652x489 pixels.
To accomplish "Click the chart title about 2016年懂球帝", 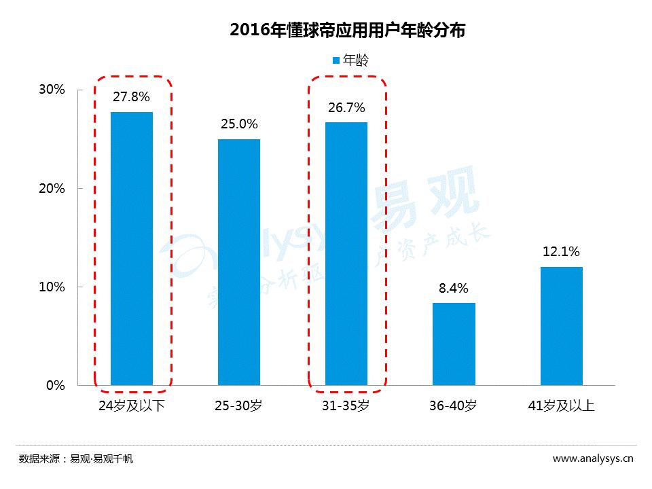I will [x=347, y=30].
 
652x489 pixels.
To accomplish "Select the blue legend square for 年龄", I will [x=336, y=60].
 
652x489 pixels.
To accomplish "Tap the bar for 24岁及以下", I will [x=132, y=249].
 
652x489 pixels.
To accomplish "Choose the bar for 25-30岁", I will [x=239, y=262].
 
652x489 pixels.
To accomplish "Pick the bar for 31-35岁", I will [x=346, y=253].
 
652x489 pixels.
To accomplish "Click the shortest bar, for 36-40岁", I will [x=454, y=344].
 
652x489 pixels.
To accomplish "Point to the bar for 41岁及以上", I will [x=561, y=326].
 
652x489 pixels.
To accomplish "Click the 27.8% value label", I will [x=131, y=97].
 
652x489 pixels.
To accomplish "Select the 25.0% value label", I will [x=239, y=124].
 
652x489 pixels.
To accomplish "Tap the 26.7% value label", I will [x=346, y=107].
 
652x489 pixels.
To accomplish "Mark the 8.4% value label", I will [x=454, y=288].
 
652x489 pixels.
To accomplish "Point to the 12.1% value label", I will [x=561, y=252].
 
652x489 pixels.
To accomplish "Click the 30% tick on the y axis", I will [x=52, y=90].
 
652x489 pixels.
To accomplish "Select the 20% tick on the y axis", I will [x=52, y=188].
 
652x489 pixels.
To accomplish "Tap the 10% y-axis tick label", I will [x=52, y=287].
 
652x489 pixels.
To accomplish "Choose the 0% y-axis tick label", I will [x=56, y=385].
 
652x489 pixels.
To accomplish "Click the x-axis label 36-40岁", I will [x=454, y=406].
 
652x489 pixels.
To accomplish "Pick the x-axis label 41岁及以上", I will [x=561, y=406].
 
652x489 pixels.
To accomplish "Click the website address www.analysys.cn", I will [x=593, y=458].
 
